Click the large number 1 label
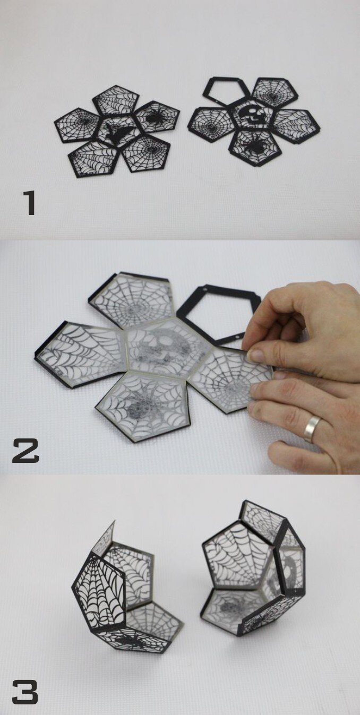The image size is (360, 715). coord(30,203)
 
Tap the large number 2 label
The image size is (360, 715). coord(25,450)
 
